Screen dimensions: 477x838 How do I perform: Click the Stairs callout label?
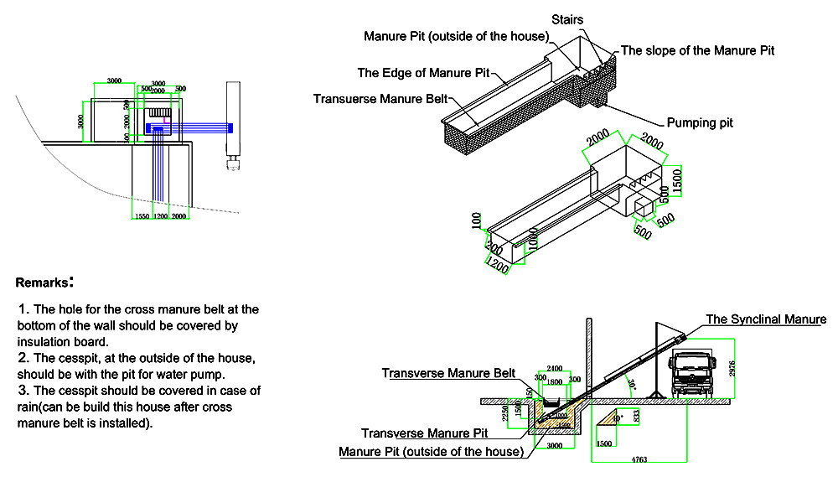coord(567,18)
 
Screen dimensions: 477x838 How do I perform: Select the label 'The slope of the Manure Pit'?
coord(697,50)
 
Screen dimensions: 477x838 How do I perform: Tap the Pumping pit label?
coord(700,122)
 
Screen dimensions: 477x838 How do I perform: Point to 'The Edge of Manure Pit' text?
coord(423,73)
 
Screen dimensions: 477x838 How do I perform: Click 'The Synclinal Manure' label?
coord(766,319)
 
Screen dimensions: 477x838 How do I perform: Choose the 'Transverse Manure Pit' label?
coord(424,433)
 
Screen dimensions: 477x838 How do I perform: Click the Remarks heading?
coord(44,283)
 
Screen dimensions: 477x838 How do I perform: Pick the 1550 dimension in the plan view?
coord(142,216)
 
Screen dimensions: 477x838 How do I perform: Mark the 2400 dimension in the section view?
coord(555,369)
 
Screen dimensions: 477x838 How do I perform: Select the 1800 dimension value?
coord(555,381)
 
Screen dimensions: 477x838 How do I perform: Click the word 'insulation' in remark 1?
coord(45,341)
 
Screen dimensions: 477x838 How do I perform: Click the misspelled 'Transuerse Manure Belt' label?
coord(380,98)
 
